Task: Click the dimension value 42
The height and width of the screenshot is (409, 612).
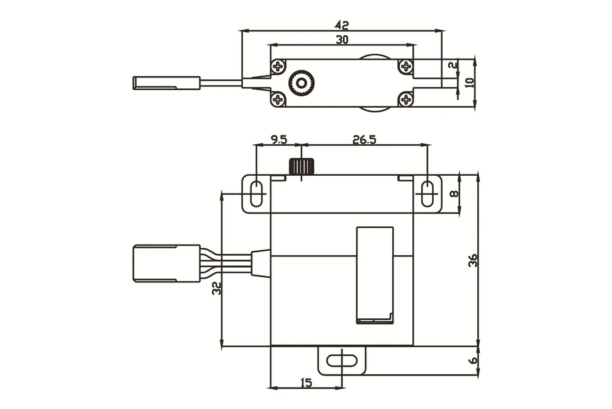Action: pyautogui.click(x=341, y=25)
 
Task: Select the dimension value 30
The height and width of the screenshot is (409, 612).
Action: pyautogui.click(x=342, y=40)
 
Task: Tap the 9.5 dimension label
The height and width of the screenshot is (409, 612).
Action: pyautogui.click(x=279, y=139)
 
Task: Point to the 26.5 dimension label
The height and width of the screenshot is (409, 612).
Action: pyautogui.click(x=364, y=139)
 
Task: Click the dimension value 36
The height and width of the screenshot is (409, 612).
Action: pyautogui.click(x=473, y=260)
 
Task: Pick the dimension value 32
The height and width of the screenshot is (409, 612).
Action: pyautogui.click(x=217, y=288)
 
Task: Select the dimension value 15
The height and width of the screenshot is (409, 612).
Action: pyautogui.click(x=307, y=383)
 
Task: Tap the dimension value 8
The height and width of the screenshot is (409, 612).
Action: pyautogui.click(x=455, y=193)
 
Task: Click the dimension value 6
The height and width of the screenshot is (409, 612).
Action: pyautogui.click(x=473, y=360)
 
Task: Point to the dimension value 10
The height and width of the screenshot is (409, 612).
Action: pyautogui.click(x=469, y=83)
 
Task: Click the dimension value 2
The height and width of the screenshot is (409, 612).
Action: pyautogui.click(x=452, y=66)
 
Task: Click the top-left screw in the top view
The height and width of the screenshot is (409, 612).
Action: pyautogui.click(x=278, y=66)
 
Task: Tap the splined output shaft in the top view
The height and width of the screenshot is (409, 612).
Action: pyautogui.click(x=301, y=83)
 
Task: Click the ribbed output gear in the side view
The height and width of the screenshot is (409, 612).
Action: pyautogui.click(x=301, y=166)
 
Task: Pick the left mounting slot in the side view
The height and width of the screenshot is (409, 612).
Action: pyautogui.click(x=256, y=193)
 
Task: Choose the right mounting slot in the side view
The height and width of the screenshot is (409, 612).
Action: pyautogui.click(x=428, y=193)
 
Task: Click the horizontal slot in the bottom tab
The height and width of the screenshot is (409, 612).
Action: pyautogui.click(x=342, y=360)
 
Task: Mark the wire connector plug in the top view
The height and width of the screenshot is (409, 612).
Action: pyautogui.click(x=167, y=83)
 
